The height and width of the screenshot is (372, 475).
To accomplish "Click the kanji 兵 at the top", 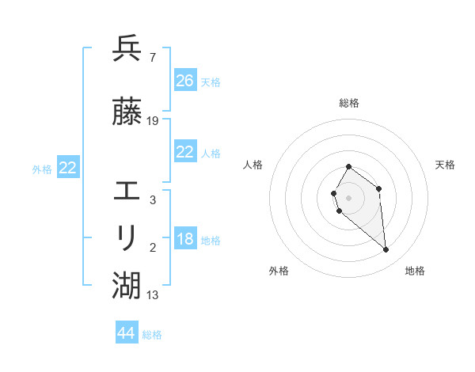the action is point(127,49).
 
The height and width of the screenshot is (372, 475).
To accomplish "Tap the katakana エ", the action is point(127,191).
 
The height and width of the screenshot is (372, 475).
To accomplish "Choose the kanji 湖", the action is point(127,285).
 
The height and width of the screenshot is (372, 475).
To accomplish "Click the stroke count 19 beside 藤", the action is point(153,120).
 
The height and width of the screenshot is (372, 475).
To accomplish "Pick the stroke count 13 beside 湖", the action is point(153,295).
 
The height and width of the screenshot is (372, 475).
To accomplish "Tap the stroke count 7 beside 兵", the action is point(152,58).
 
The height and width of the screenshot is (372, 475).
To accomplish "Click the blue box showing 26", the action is point(185,81).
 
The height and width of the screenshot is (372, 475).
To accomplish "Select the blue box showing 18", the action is point(185,239).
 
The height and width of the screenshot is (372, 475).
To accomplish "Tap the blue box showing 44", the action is point(127,333).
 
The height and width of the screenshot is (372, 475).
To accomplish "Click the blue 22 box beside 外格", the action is point(67,168).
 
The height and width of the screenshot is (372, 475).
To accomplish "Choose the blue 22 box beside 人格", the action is point(185,152).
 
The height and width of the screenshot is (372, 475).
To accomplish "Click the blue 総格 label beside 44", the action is point(152,335).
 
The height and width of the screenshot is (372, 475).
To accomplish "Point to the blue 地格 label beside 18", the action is point(211,241).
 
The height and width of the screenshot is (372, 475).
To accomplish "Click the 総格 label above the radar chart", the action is point(349,103).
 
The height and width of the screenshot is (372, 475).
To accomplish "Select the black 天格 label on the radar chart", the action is point(445,165).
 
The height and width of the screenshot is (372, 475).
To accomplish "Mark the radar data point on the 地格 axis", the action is point(386,250).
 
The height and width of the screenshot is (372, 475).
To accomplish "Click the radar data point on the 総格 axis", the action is point(349,166).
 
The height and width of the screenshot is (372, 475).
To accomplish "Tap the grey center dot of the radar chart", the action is point(349,197).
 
